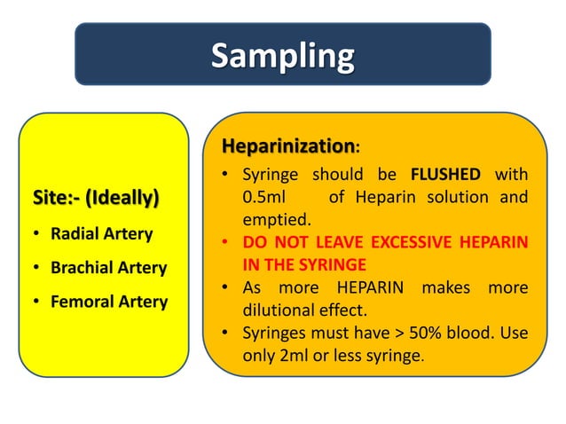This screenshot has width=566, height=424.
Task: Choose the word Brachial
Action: coord(83,268)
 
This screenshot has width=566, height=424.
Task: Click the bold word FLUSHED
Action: coord(446,174)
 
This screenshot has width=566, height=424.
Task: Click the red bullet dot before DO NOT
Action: coord(228,242)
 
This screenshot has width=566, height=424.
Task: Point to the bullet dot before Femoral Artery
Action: coord(33,302)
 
